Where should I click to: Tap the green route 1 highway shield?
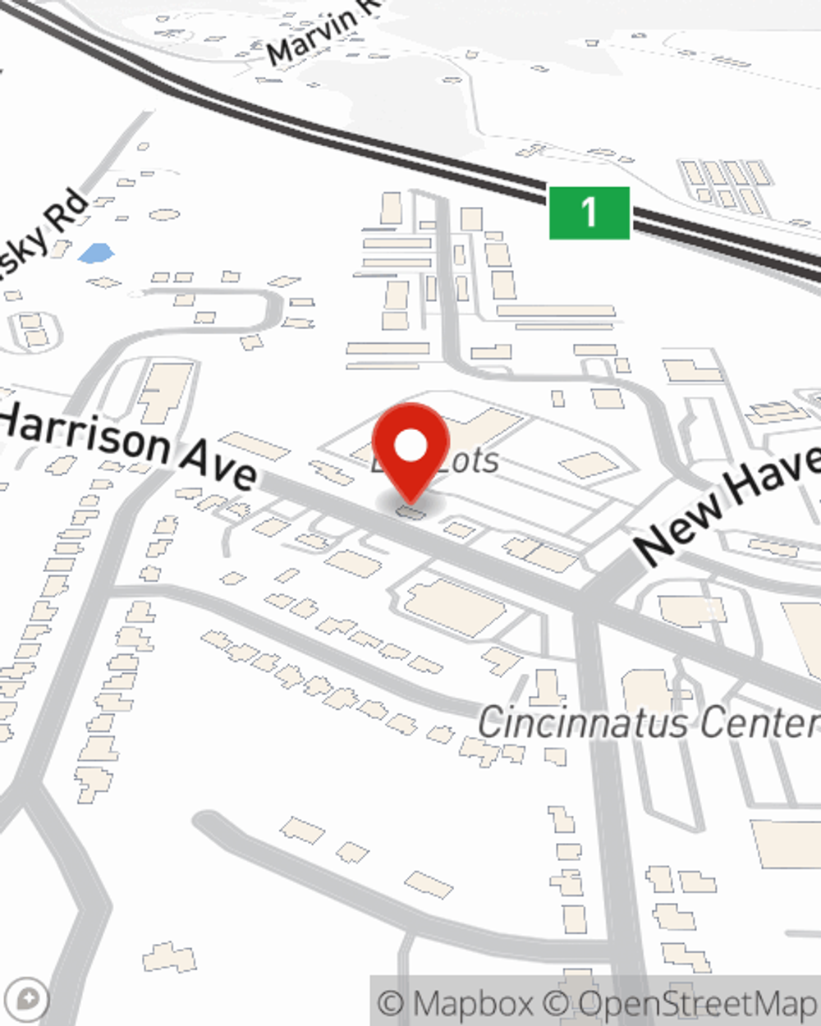point(589,213)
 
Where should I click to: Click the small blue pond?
point(96,253)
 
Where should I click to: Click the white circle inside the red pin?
point(410,446)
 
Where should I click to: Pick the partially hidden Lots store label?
point(468,461)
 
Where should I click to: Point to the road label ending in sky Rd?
point(45,234)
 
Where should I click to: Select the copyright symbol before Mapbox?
point(392,1003)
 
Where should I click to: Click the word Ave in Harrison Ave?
point(218,465)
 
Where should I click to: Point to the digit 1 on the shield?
point(589,213)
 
